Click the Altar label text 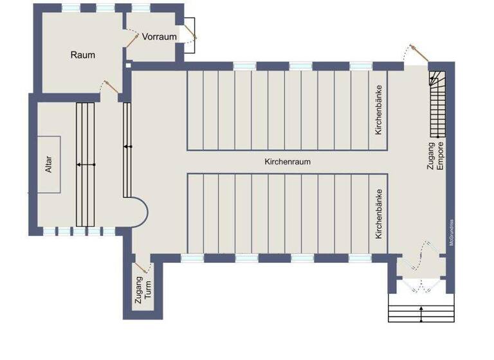pyautogui.click(x=48, y=165)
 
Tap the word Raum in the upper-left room pyautogui.click(x=82, y=55)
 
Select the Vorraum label pyautogui.click(x=159, y=37)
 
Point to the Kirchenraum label pyautogui.click(x=287, y=162)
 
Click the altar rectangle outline pyautogui.click(x=49, y=165)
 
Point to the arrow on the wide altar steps pyautogui.click(x=85, y=165)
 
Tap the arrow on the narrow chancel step pyautogui.click(x=127, y=147)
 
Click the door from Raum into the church pyautogui.click(x=110, y=87)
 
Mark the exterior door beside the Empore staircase pyautogui.click(x=415, y=53)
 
